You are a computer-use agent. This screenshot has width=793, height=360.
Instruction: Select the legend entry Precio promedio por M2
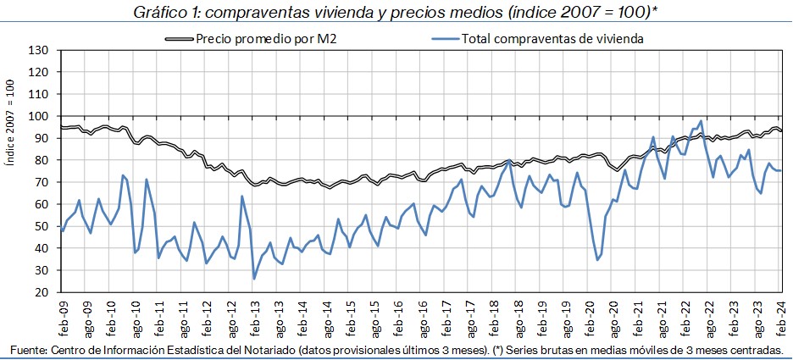(267, 38)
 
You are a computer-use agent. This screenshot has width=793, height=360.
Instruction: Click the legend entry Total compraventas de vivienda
(554, 38)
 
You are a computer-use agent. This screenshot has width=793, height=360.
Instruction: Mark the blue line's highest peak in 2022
(701, 121)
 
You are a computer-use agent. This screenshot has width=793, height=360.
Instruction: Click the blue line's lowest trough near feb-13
(254, 279)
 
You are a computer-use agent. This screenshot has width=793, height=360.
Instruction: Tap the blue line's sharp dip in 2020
(598, 259)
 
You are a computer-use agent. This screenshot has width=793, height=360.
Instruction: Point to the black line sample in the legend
(179, 39)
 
